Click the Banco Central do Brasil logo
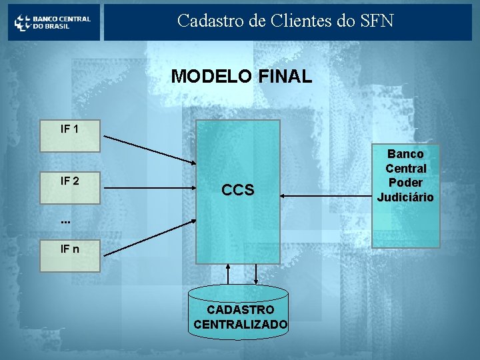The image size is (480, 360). (x=53, y=22)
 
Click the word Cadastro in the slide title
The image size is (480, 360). (x=206, y=21)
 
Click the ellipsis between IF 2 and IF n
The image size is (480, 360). (x=65, y=220)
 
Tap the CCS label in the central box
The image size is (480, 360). (x=237, y=190)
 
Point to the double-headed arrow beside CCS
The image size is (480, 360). (x=325, y=195)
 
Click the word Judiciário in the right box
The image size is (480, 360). (x=405, y=197)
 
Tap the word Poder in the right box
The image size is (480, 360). (x=405, y=183)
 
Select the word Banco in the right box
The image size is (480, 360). (x=405, y=154)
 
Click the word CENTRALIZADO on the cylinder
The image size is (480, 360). (x=240, y=325)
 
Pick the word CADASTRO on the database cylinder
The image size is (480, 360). (x=240, y=310)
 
